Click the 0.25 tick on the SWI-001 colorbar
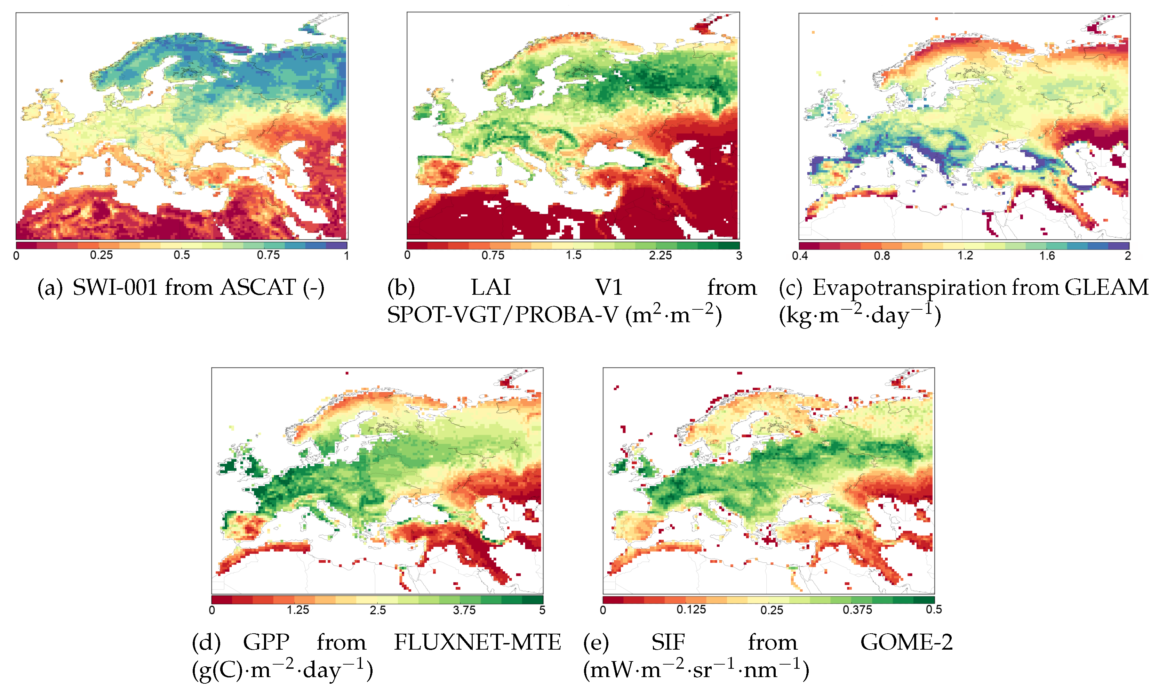(101, 255)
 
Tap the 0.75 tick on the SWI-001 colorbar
(268, 255)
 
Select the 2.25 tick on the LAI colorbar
(660, 255)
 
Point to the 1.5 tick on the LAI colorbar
(574, 255)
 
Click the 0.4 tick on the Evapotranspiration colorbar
(800, 255)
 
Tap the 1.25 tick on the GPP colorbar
(298, 610)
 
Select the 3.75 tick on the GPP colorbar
(464, 610)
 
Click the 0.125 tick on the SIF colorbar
(691, 610)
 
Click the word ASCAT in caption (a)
(258, 287)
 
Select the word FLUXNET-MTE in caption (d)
(478, 643)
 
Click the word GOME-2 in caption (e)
(906, 643)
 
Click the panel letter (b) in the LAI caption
(401, 288)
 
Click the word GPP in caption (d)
(266, 643)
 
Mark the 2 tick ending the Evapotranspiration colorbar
(1127, 255)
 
